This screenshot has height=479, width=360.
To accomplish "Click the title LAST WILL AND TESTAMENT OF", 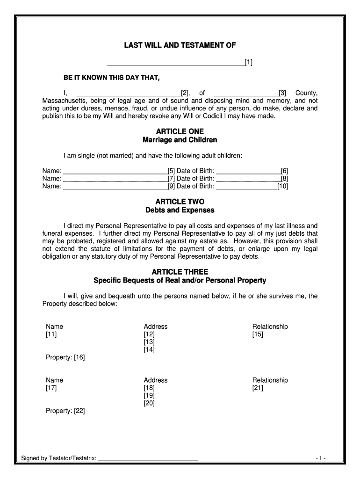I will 180,45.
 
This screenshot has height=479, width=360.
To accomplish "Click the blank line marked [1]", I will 176,63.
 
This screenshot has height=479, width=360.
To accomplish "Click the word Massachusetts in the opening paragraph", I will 64,101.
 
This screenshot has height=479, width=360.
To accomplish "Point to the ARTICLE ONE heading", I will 180,131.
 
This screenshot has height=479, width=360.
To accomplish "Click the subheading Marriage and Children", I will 180,140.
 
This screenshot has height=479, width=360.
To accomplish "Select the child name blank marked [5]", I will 115,171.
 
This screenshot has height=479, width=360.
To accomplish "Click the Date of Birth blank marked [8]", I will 248,178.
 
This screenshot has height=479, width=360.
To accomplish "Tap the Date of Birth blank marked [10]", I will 246,186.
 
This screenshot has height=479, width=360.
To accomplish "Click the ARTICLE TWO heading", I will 180,202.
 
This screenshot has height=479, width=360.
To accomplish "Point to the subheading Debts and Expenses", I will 180,210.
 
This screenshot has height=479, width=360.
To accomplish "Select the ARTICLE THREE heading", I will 180,272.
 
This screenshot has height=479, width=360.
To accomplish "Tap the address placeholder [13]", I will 149,342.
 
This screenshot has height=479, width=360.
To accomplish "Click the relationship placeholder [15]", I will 258,334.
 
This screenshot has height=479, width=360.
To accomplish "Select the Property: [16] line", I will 65,357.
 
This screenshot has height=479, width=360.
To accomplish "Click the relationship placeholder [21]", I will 258,388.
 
